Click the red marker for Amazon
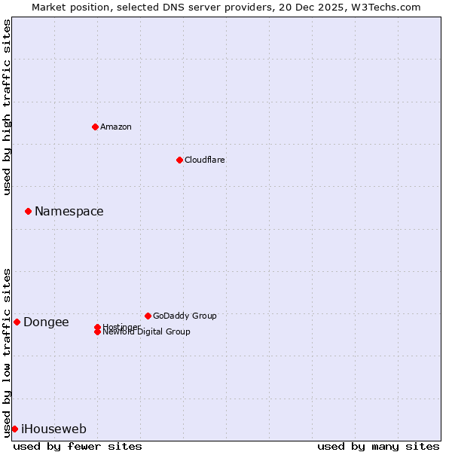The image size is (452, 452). tap(95, 127)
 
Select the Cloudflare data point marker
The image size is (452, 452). tap(179, 160)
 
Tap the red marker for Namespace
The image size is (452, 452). tap(28, 211)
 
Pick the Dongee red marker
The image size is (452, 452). tap(17, 322)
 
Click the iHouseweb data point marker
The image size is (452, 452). tap(14, 429)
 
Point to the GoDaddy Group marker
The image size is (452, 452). tap(148, 316)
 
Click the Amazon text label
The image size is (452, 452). tap(116, 127)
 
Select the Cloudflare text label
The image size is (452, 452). tap(204, 160)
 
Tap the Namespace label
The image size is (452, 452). tap(69, 211)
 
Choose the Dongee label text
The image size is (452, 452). tap(46, 322)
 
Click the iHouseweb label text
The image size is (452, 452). tap(53, 429)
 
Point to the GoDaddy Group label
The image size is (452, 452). tap(185, 316)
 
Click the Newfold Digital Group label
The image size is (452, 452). tap(147, 332)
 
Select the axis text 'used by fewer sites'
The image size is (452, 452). tap(78, 446)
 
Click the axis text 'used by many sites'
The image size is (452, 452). tap(378, 446)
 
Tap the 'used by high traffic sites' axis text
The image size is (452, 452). tap(7, 108)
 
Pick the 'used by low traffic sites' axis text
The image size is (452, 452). tap(7, 352)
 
